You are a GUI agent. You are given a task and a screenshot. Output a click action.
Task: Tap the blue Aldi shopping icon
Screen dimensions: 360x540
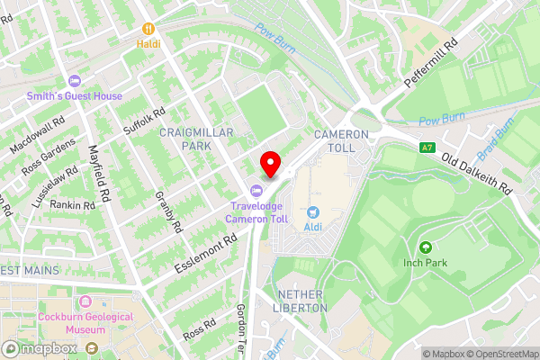(314, 212)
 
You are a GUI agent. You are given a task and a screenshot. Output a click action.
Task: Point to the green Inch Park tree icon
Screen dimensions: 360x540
(425, 247)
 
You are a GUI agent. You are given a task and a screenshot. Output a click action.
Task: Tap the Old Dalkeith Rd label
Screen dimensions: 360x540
(476, 172)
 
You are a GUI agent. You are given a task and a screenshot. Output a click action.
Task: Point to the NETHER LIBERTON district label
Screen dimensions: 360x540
(301, 301)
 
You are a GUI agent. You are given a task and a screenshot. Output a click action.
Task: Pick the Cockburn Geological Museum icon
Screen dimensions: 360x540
(86, 301)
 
